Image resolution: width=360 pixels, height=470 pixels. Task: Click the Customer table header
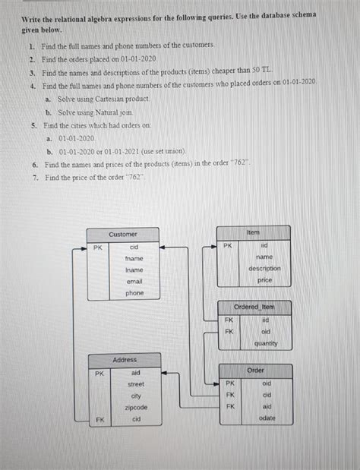tap(122, 235)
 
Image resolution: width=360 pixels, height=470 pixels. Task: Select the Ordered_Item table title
tap(254, 307)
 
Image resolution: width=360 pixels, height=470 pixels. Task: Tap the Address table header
tap(125, 359)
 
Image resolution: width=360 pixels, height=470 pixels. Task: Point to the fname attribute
tap(134, 259)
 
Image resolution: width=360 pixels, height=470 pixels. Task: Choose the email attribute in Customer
tap(134, 282)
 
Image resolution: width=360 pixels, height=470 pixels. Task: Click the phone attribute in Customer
tap(134, 293)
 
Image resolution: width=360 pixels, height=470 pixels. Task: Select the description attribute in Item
tap(264, 268)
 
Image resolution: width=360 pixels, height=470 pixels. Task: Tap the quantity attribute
tap(266, 343)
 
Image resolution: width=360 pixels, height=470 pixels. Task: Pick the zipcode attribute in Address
tap(136, 408)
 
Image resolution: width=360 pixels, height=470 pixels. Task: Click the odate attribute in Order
tap(267, 418)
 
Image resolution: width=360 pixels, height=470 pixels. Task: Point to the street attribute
tap(136, 384)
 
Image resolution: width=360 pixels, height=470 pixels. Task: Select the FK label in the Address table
tap(99, 419)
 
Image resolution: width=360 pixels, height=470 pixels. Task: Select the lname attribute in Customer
tap(134, 270)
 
